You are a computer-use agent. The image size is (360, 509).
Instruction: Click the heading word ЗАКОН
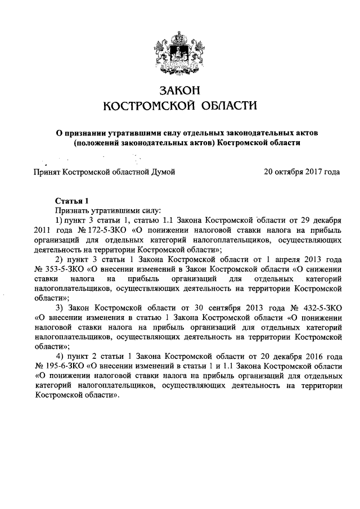click(180, 89)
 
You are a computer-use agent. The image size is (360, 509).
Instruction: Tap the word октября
click(288, 171)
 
